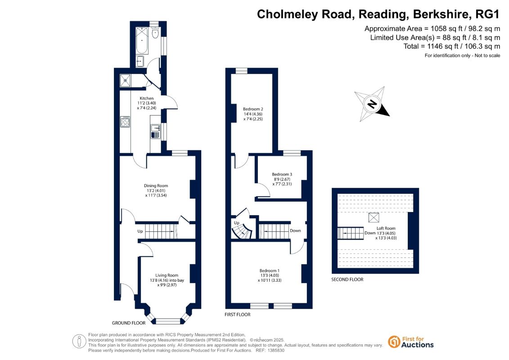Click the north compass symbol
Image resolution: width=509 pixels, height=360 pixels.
point(372,104)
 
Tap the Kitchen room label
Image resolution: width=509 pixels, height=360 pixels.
point(147,98)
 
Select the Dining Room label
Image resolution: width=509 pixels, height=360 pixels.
point(156,185)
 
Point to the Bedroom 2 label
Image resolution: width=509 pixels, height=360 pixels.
point(253,109)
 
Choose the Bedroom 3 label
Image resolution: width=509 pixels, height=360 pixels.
point(282,174)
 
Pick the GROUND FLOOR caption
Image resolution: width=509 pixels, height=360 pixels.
point(129,323)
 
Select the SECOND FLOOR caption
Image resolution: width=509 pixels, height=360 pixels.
point(347,279)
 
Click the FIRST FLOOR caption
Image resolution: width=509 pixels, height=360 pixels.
point(237,315)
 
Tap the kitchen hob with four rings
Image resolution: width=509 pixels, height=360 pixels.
point(125,121)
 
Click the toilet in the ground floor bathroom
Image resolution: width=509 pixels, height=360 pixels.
point(155,32)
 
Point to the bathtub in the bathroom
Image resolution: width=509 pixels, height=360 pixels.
point(141,40)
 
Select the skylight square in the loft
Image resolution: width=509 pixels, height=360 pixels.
point(374,218)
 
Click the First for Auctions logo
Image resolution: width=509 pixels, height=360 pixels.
point(410,342)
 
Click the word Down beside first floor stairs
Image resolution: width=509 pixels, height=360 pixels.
point(295,231)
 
